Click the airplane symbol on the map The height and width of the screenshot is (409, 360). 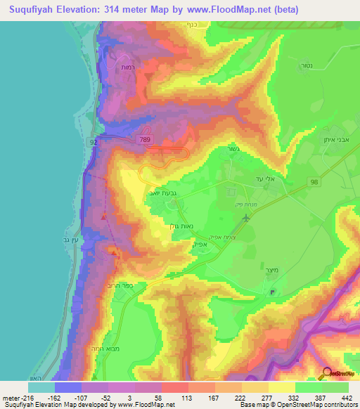click(245, 218)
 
